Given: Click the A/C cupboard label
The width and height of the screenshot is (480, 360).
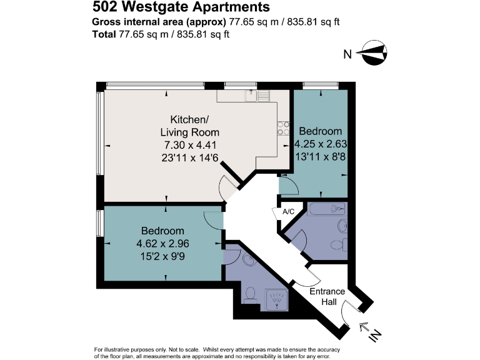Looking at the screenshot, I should (x=289, y=212).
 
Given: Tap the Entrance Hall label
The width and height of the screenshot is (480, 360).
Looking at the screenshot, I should (x=328, y=297).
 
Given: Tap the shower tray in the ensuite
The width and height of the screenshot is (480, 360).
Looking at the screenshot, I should (x=276, y=301).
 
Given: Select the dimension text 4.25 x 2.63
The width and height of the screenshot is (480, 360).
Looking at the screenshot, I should (x=320, y=144).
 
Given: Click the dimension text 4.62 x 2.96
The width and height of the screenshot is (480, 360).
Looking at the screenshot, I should (x=162, y=244).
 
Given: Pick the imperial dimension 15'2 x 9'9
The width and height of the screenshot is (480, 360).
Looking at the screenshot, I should (x=162, y=256).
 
